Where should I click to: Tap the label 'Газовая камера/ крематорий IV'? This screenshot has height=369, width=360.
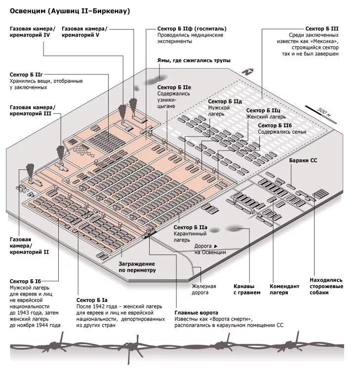point(33,32)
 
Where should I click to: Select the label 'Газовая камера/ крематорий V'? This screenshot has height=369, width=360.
point(84,32)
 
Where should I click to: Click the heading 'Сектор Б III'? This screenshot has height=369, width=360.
point(321,29)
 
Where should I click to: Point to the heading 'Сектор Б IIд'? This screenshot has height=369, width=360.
point(225,101)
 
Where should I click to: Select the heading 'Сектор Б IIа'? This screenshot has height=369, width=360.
point(190,227)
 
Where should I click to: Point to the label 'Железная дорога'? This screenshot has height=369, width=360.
point(204,289)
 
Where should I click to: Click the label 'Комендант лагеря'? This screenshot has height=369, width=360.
point(284,289)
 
